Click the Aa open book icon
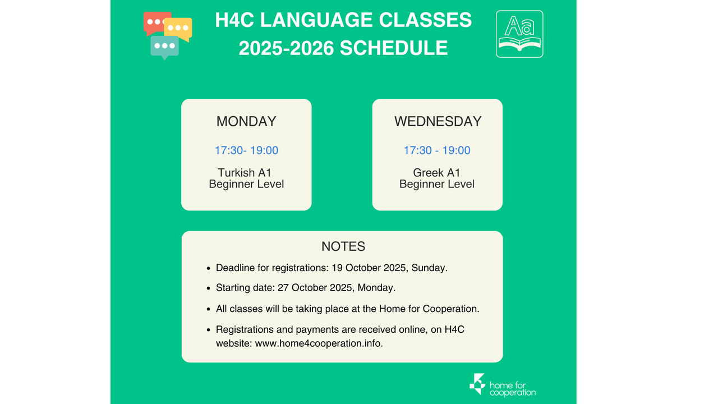[519, 34]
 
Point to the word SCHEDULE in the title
[394, 48]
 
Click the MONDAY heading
[246, 122]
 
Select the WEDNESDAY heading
[438, 122]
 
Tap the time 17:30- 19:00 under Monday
[246, 150]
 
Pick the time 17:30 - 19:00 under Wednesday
[437, 150]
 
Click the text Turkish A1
[245, 172]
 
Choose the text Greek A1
[436, 172]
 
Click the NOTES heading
[343, 246]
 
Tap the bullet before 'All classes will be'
[209, 309]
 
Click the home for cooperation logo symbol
[477, 384]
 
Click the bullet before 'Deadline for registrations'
[209, 268]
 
